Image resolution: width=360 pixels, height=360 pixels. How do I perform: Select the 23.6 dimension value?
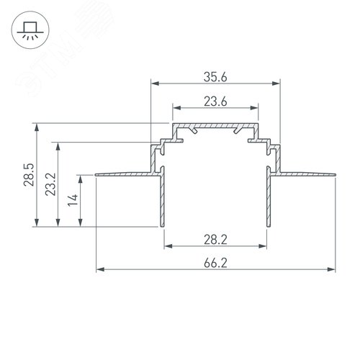[215, 102]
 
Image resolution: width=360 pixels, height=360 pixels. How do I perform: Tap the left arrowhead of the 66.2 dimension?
[99, 271]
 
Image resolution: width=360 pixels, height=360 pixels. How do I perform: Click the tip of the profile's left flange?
[96, 174]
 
